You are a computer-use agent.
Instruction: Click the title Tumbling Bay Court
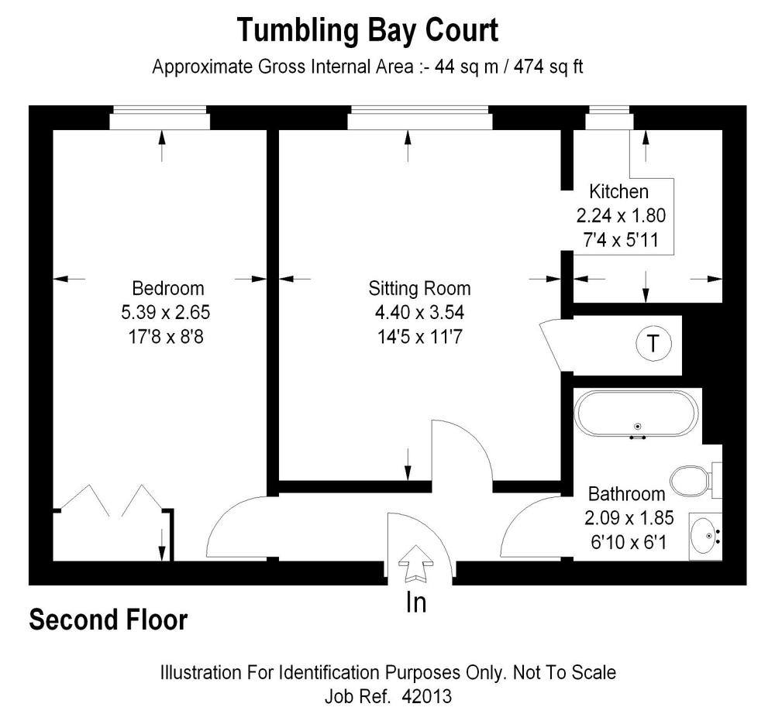coord(367,31)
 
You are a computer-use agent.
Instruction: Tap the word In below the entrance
coord(417,602)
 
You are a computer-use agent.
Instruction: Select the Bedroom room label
coord(168,289)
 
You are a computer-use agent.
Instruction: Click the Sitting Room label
coord(419,289)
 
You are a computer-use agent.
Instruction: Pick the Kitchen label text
coord(618,191)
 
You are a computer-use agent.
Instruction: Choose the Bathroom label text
coord(626,494)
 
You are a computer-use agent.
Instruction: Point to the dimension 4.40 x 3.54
coord(419,313)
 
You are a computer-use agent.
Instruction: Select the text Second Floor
coord(108,620)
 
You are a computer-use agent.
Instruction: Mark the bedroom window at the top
coord(160,120)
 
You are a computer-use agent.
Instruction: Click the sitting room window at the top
coord(419,120)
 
